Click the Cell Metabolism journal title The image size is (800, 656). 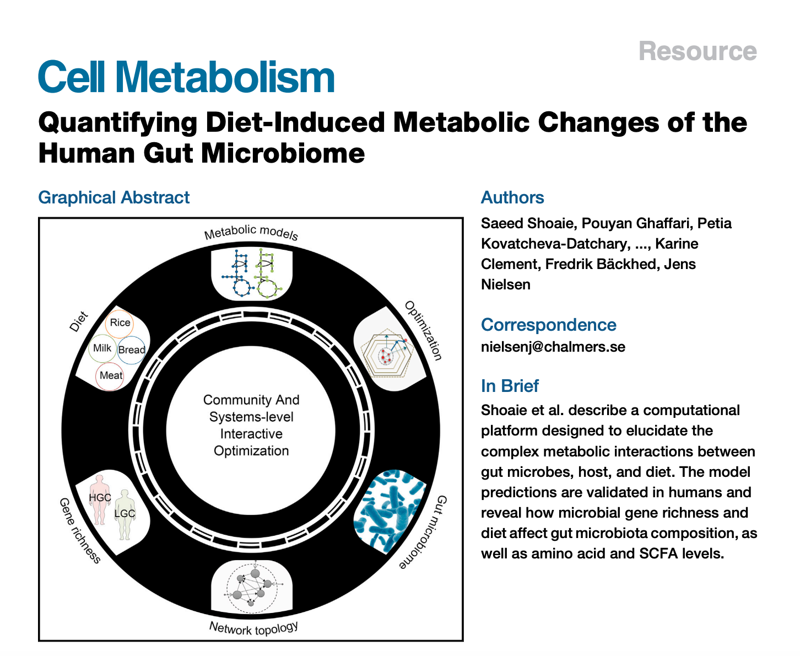coord(186,77)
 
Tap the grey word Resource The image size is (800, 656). coord(698,51)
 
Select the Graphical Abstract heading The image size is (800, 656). coord(113,197)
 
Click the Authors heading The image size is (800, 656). coord(512,197)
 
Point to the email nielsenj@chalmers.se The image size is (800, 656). coord(553,347)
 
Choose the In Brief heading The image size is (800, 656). coord(510,386)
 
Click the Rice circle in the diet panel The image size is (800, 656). coord(120,323)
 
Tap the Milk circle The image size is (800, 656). coord(102,348)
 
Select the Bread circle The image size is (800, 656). coord(132,349)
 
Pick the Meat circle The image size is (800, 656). coord(111,375)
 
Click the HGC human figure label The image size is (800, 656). coord(100,497)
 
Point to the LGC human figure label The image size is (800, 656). coord(125,514)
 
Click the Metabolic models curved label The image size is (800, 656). coord(251,232)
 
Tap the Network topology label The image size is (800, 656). coord(253,628)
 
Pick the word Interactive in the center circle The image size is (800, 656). coord(251,434)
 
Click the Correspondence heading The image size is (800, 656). coord(548,325)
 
